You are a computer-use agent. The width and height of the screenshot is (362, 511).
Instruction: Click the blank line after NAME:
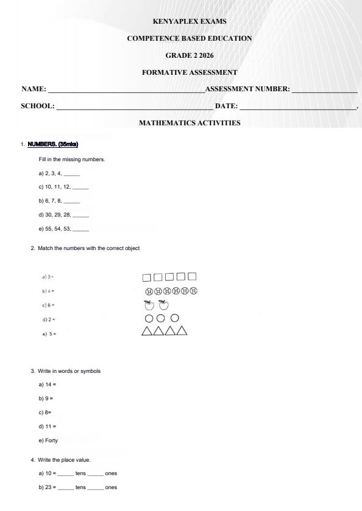tap(126, 90)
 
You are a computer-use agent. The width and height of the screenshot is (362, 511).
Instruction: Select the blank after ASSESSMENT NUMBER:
tap(324, 90)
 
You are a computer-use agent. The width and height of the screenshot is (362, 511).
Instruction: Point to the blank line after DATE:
tap(297, 107)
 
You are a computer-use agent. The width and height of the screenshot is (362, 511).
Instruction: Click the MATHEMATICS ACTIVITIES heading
tap(189, 123)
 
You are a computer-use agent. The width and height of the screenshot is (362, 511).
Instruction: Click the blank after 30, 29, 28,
tap(81, 215)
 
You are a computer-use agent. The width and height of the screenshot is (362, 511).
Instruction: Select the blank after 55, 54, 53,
tap(81, 230)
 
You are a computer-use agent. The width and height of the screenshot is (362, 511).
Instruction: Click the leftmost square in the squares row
tap(147, 278)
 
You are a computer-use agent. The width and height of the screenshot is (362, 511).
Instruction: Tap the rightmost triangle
tap(182, 331)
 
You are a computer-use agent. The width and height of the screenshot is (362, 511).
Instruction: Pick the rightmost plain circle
tap(175, 318)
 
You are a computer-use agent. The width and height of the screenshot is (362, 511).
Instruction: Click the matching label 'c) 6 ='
tap(49, 305)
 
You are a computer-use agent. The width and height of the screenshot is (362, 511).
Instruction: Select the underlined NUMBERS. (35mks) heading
tap(53, 144)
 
